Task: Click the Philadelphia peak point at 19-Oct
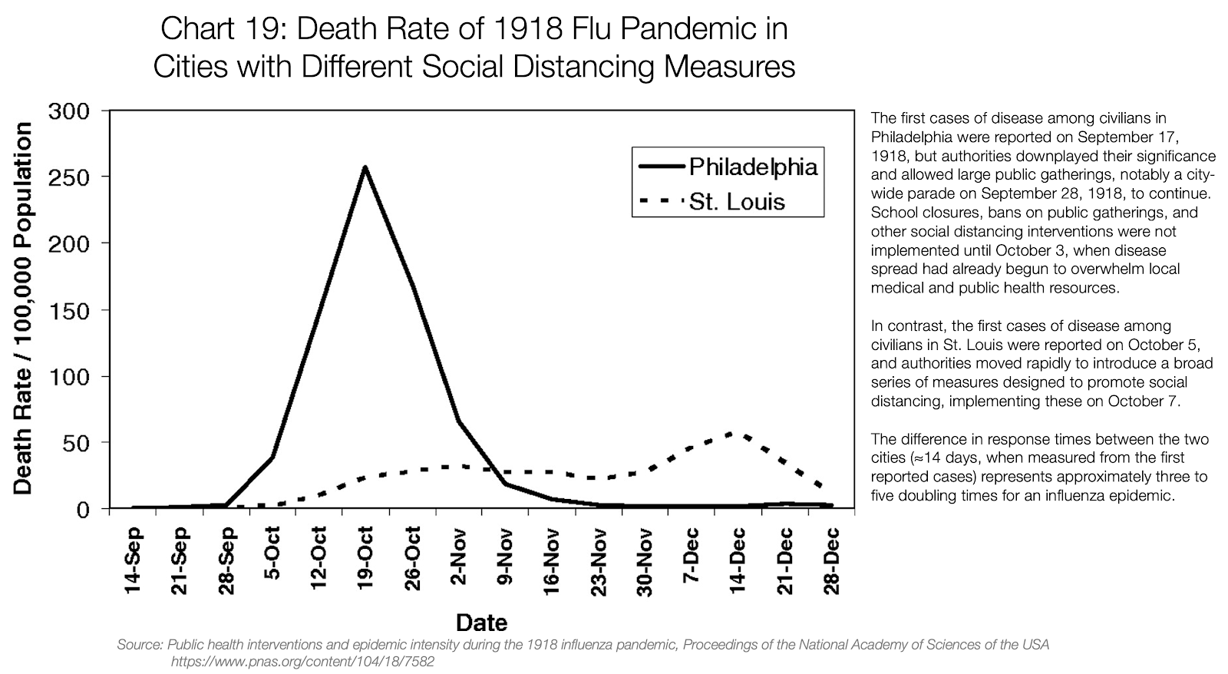pyautogui.click(x=365, y=167)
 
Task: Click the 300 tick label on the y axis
pyautogui.click(x=71, y=111)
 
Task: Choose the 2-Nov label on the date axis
pyautogui.click(x=459, y=557)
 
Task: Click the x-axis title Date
pyautogui.click(x=481, y=622)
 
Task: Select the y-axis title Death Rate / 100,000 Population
pyautogui.click(x=23, y=309)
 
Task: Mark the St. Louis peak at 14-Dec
pyautogui.click(x=738, y=434)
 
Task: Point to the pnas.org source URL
pyautogui.click(x=302, y=661)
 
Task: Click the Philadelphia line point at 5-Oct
pyautogui.click(x=272, y=458)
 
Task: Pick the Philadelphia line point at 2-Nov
pyautogui.click(x=459, y=421)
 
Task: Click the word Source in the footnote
pyautogui.click(x=138, y=645)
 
